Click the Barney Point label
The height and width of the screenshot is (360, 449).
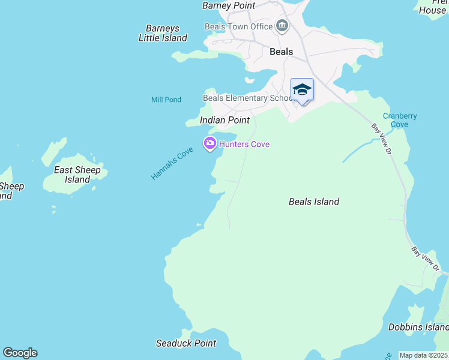229,5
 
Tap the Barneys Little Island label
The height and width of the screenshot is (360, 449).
163,33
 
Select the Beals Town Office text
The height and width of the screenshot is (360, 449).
238,26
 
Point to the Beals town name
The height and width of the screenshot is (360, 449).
281,52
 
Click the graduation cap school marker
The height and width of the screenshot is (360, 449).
302,90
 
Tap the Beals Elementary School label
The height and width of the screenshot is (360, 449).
247,98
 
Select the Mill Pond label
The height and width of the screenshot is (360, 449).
166,100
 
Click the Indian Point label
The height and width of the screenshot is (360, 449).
224,120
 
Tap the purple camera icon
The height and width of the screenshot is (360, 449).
209,143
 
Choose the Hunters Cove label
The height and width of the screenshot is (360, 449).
244,144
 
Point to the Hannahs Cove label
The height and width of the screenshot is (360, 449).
172,163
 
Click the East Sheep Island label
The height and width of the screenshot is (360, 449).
77,175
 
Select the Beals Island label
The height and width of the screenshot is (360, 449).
314,202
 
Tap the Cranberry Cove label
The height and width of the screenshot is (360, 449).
400,120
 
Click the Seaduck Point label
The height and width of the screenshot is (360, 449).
186,343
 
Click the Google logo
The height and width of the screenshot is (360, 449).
20,353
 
